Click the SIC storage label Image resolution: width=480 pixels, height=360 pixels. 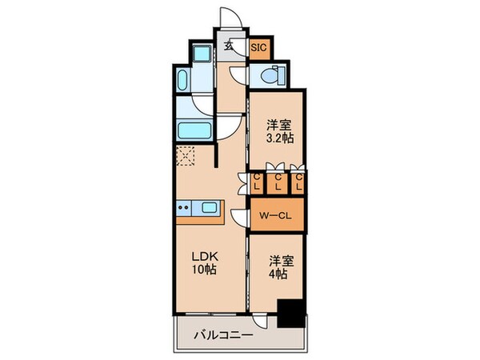tap(258, 47)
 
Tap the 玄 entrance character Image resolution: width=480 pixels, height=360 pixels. tap(229, 46)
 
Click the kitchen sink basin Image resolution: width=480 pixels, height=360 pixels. tap(210, 208)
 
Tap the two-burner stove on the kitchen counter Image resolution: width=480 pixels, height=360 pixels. tap(182, 209)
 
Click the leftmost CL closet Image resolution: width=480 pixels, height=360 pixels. tap(258, 183)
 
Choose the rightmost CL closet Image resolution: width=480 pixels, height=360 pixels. tap(298, 183)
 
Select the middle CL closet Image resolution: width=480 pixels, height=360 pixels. tap(278, 183)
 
